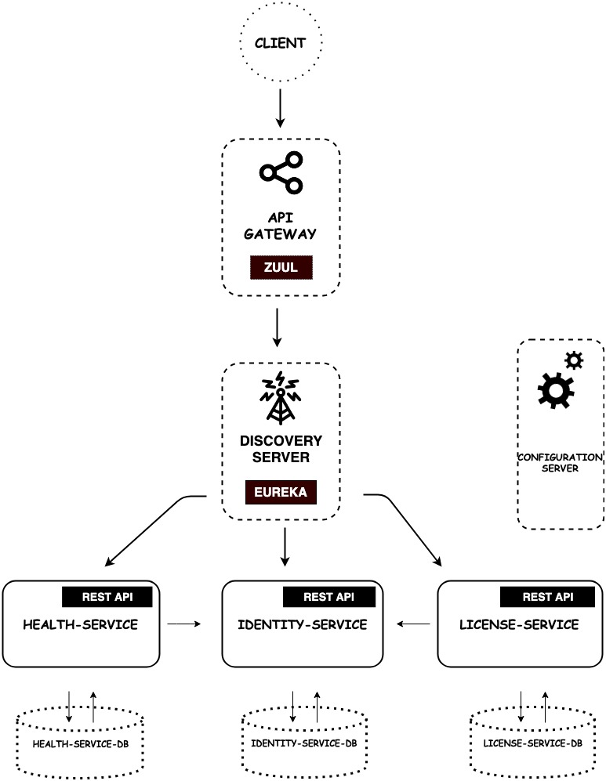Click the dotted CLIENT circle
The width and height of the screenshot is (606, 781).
281,42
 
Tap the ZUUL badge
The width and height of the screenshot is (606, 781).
281,267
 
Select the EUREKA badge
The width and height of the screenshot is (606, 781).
281,492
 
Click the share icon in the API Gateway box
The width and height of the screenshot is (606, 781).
281,174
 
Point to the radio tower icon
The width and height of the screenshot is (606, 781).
281,396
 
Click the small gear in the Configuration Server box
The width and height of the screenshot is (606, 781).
574,360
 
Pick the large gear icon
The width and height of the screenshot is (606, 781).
556,389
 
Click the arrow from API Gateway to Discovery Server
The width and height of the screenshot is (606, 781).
276,327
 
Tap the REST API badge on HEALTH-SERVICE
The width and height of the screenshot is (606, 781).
107,596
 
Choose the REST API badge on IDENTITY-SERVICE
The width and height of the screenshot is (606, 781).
329,596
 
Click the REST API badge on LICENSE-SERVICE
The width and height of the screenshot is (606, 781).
547,596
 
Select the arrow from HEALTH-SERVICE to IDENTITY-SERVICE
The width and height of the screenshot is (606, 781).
185,624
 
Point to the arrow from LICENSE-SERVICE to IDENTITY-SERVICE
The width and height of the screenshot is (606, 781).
413,624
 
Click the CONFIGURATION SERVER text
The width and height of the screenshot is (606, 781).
560,462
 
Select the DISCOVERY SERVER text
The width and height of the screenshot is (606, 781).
281,448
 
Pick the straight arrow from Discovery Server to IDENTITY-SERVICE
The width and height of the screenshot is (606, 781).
285,547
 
